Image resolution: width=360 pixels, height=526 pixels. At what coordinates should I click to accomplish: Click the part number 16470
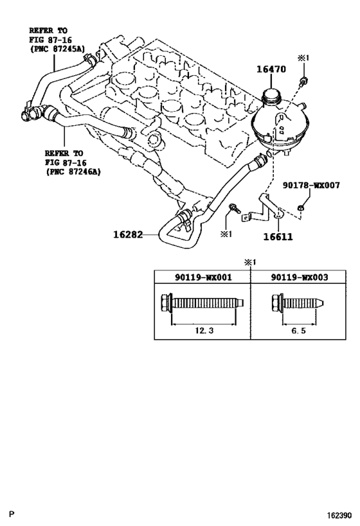pos(271,69)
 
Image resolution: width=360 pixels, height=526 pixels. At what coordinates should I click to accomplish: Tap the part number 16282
pos(128,234)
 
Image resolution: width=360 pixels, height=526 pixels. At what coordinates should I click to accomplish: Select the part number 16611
pos(278,236)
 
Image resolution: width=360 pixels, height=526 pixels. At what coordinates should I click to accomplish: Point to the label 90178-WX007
pos(311,185)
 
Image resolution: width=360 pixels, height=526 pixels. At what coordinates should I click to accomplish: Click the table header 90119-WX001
pos(203,277)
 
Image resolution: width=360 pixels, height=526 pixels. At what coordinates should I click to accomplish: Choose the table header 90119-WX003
pos(300,277)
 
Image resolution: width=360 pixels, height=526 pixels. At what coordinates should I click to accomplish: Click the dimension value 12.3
pos(204,330)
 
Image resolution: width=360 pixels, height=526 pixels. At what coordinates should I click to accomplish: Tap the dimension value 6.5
pos(298,330)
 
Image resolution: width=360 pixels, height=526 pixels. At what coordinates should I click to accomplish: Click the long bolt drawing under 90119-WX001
pos(202,303)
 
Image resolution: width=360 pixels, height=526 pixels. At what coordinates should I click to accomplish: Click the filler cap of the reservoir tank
pos(271,95)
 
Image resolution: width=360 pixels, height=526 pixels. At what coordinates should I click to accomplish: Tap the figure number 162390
pos(340,515)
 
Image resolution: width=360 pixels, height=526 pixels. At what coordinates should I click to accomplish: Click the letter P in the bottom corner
pos(12,514)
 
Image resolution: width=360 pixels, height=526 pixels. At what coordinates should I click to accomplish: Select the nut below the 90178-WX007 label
pos(301,209)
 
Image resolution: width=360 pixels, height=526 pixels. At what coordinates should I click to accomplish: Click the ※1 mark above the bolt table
pos(250,263)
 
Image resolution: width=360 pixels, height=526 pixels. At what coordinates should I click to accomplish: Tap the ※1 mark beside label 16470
pos(303,58)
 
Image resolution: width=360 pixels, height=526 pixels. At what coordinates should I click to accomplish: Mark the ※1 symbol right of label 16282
pos(226,234)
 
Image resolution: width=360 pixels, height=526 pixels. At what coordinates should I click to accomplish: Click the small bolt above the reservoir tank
pos(303,81)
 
